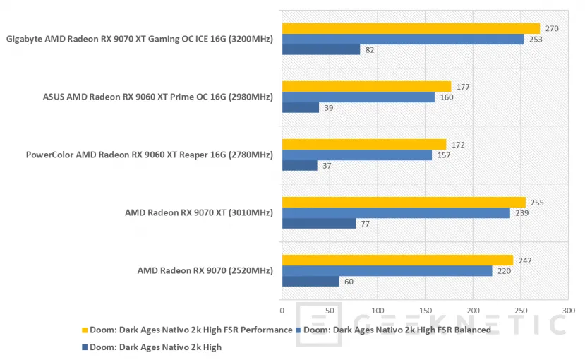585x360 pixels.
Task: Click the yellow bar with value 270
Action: [x=411, y=29]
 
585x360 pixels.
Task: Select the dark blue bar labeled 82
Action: [x=321, y=50]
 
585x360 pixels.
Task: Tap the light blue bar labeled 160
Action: [x=358, y=97]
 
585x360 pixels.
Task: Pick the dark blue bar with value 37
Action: [x=299, y=165]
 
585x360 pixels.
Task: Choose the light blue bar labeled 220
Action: [x=387, y=271]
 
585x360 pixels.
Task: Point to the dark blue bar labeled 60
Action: [x=310, y=282]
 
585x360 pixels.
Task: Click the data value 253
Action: [x=534, y=40]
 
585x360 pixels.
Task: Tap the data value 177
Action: [x=462, y=87]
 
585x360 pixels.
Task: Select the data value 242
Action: [x=524, y=260]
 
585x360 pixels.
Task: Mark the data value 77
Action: [x=366, y=224]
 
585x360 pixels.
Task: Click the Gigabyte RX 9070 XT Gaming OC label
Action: [x=139, y=40]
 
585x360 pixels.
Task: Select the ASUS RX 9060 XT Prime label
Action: [x=157, y=97]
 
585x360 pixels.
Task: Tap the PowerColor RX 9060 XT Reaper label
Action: [x=149, y=155]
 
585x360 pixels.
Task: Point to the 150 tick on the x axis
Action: [x=425, y=310]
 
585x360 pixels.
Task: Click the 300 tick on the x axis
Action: [x=568, y=310]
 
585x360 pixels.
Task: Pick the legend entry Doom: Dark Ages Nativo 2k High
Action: [x=152, y=347]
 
